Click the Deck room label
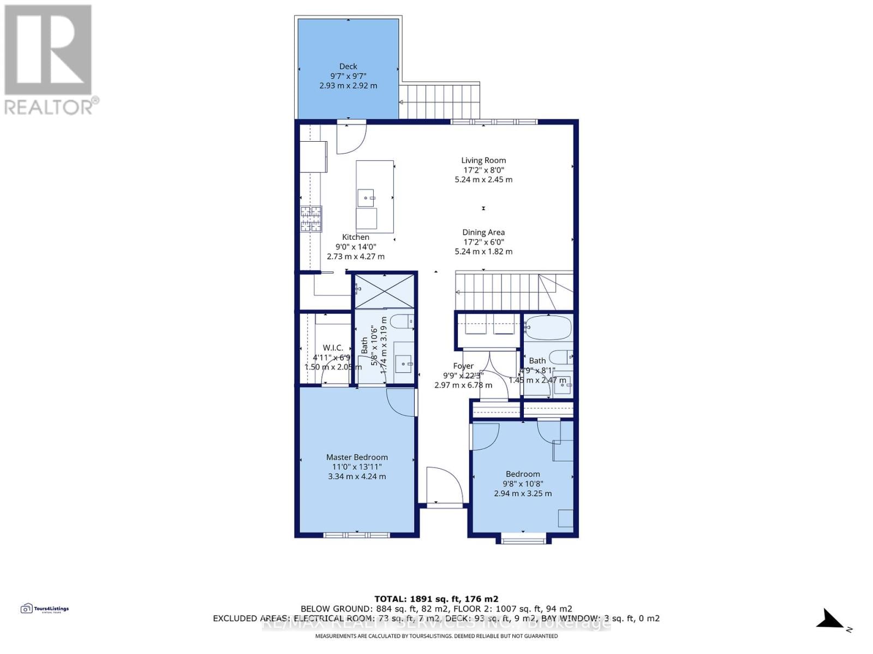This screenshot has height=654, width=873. (x=348, y=66)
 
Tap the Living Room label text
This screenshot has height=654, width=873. (x=483, y=160)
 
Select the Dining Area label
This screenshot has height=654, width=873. (x=483, y=232)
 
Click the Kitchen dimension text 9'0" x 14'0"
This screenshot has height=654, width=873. (x=356, y=247)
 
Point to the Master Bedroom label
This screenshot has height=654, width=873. (x=357, y=457)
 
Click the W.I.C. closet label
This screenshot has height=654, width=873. (x=333, y=348)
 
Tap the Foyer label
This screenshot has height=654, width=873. (x=463, y=366)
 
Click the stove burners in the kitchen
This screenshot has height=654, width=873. (x=311, y=219)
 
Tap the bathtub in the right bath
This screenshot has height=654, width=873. (x=548, y=328)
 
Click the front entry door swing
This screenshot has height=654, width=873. (x=443, y=485)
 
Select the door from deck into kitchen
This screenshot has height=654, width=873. (x=349, y=138)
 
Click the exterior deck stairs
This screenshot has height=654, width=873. (x=439, y=101)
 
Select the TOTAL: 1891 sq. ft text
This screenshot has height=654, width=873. (x=436, y=598)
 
